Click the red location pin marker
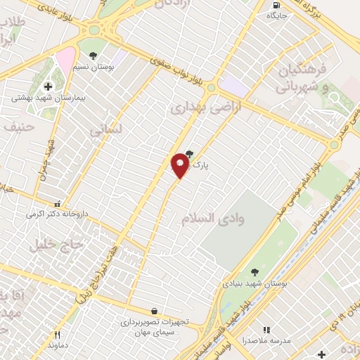point(180,165)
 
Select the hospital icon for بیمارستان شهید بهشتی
point(47,87)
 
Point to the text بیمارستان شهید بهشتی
point(44,98)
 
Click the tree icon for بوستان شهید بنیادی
point(254,271)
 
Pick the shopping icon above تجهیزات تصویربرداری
point(154,311)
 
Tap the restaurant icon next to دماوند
point(58,335)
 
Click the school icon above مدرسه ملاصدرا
point(266,329)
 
